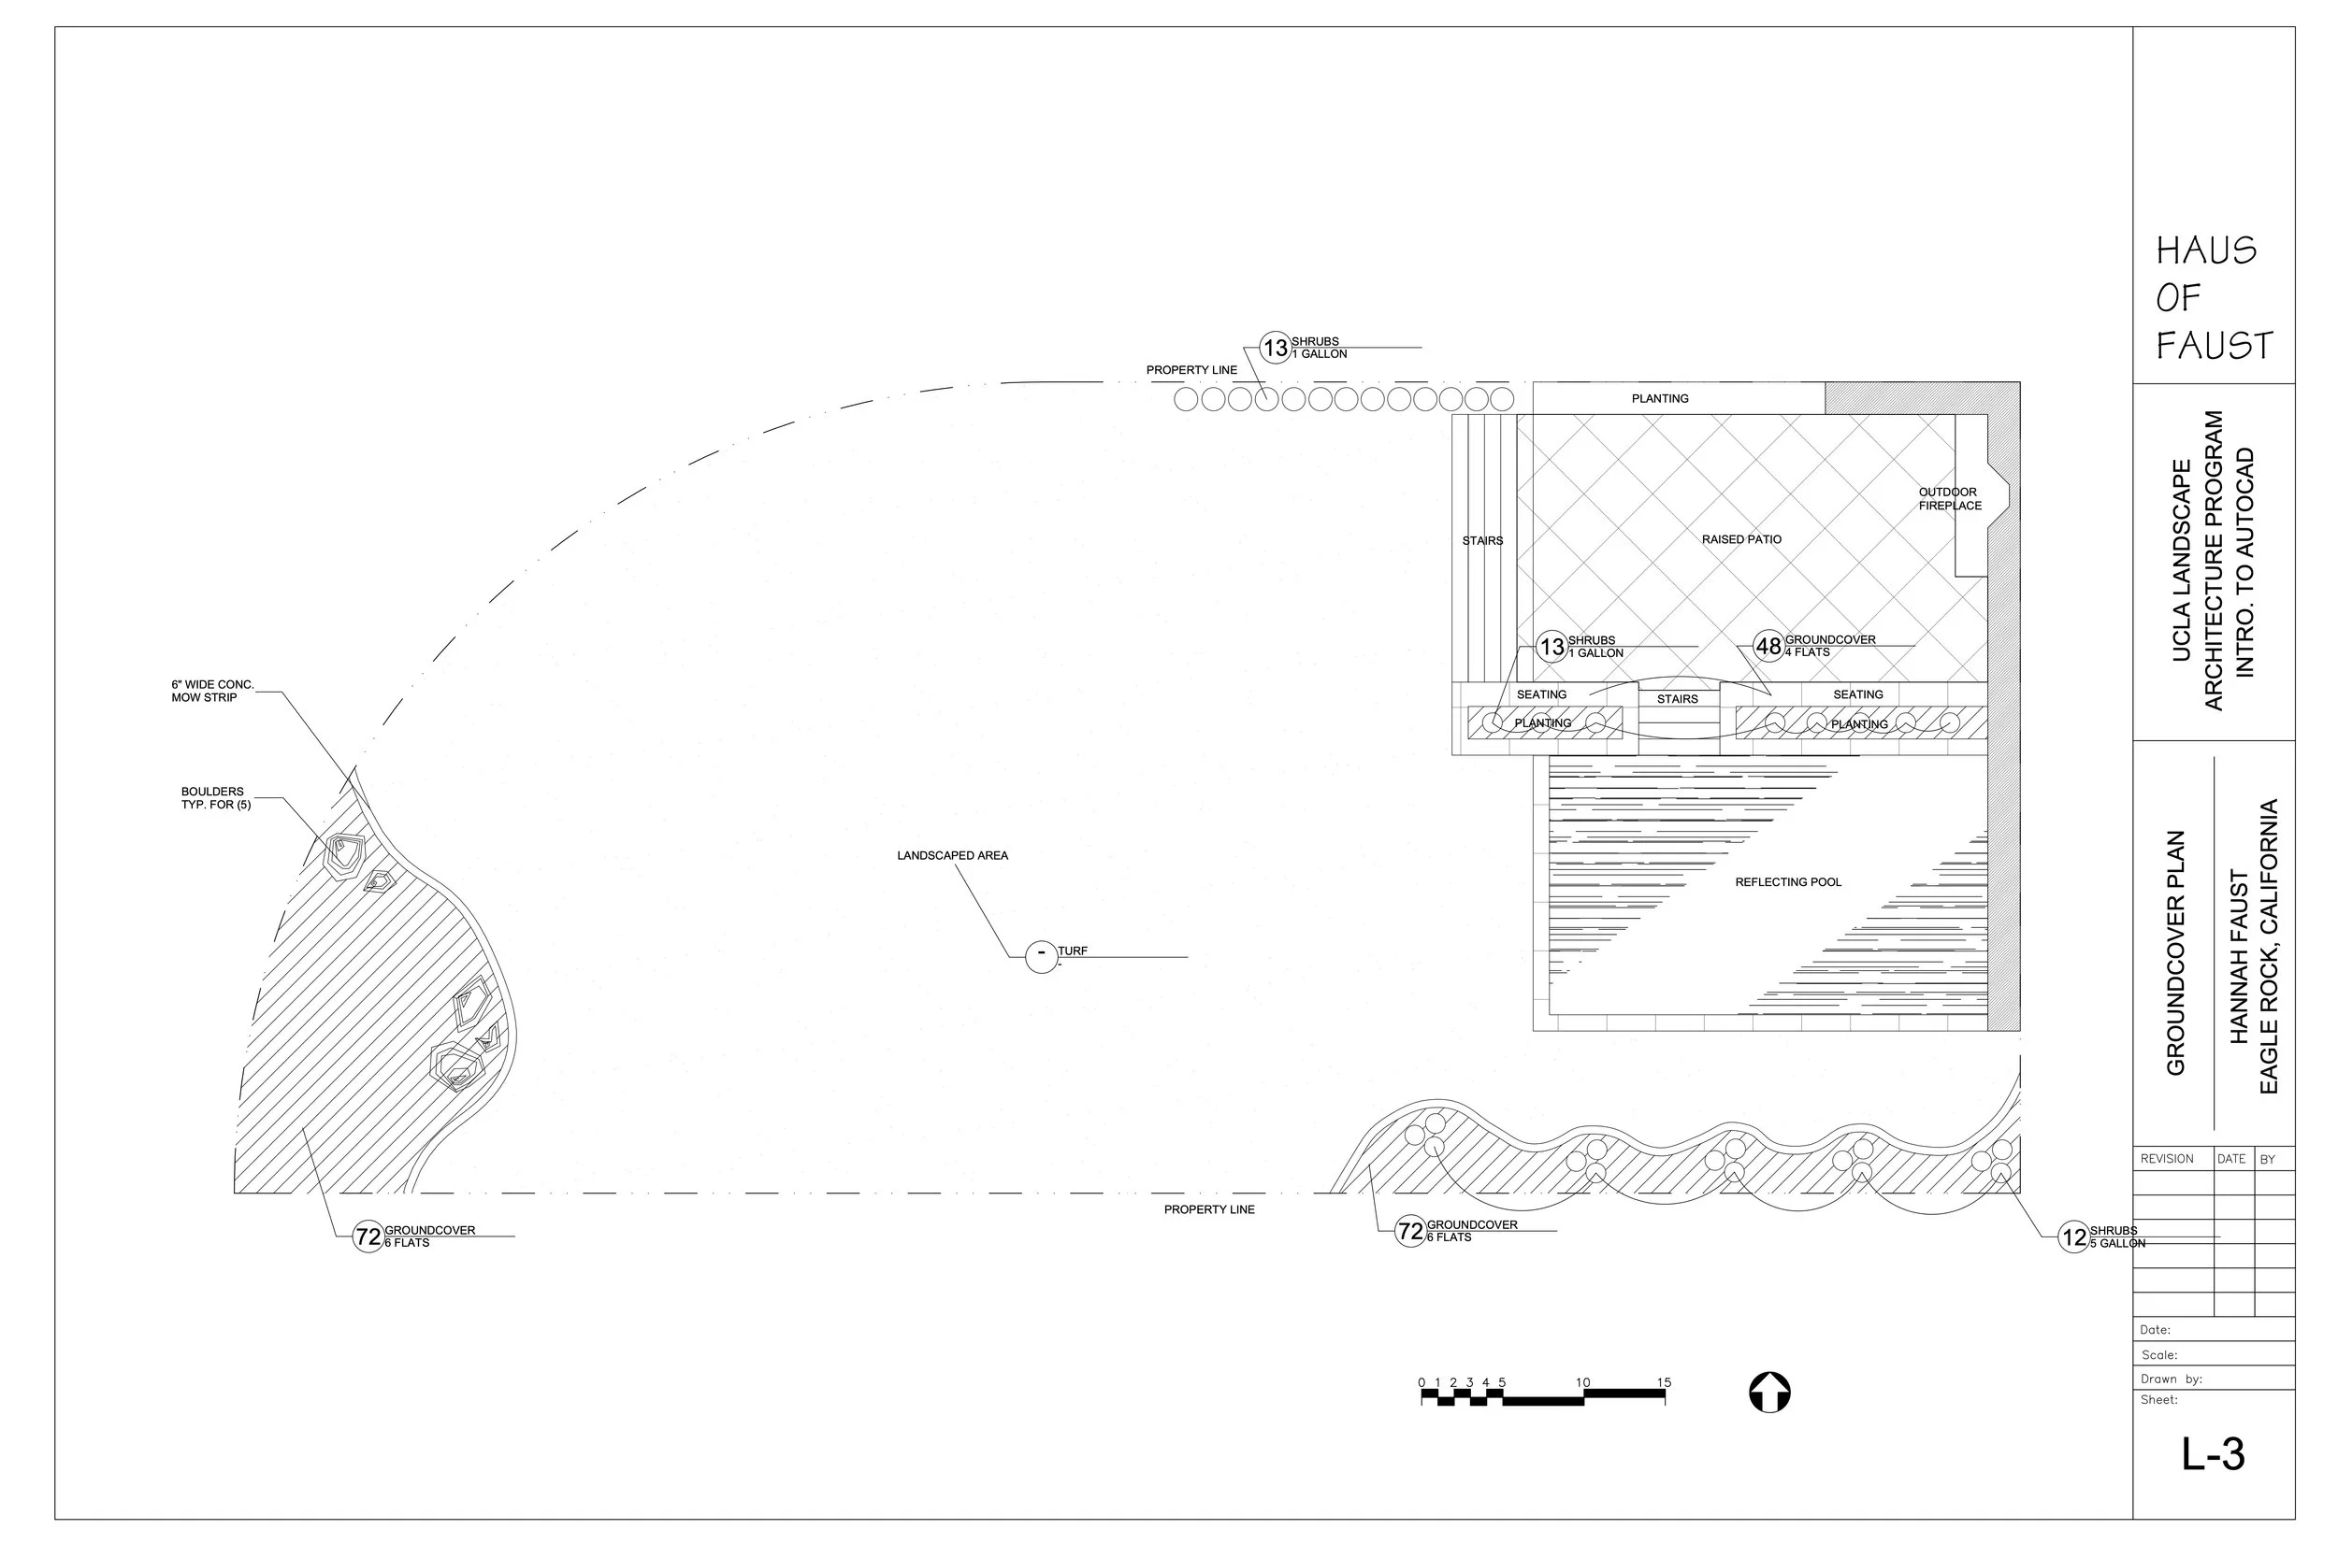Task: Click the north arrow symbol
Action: click(1769, 1392)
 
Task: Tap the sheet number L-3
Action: click(2213, 1454)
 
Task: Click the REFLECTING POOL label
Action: click(1787, 882)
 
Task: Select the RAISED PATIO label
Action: click(1741, 539)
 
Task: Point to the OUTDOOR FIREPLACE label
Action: click(1949, 499)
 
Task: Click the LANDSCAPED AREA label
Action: click(952, 855)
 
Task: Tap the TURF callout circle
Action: click(1041, 956)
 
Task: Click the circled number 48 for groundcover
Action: click(1768, 647)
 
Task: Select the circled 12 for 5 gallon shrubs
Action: click(2073, 1238)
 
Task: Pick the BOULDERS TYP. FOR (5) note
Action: click(216, 799)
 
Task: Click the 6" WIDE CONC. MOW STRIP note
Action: click(211, 692)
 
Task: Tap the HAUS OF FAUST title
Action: click(2214, 298)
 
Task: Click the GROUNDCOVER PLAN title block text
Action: click(2176, 953)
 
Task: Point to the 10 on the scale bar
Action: click(1582, 1382)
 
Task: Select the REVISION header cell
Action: click(2167, 1160)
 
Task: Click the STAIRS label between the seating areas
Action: click(1677, 699)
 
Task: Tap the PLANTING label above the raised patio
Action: click(1660, 398)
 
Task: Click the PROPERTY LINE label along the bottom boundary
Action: click(1209, 1210)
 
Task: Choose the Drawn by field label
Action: click(2171, 1379)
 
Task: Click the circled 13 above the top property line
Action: click(1275, 349)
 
